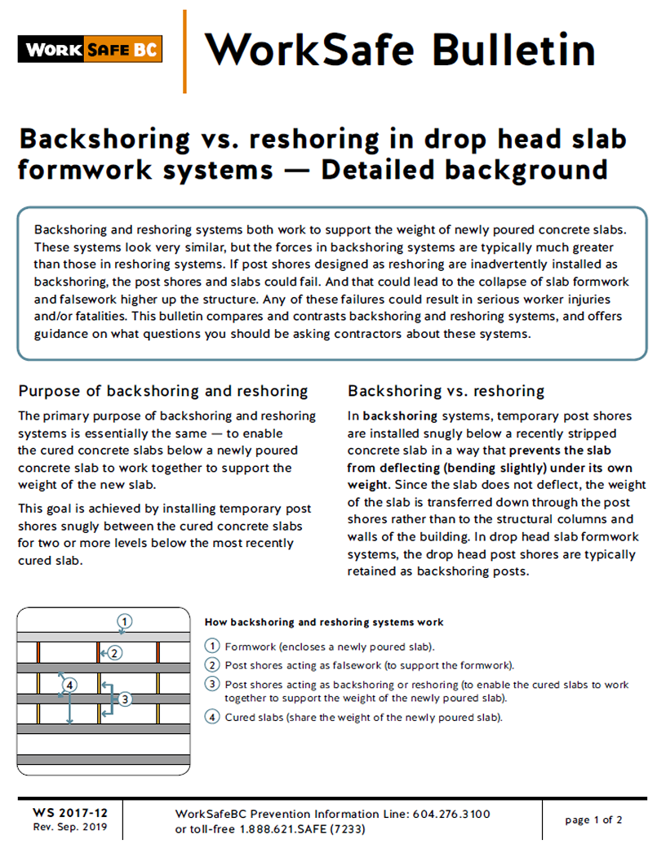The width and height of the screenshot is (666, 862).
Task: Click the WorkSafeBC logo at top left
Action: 90,49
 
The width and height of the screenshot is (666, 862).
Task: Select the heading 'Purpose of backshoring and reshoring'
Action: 163,391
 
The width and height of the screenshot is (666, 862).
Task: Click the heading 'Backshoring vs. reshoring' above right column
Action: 446,391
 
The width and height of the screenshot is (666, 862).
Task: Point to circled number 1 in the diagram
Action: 125,620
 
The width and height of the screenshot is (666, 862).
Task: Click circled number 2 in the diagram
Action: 115,652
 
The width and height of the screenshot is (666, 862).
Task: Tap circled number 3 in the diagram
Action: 124,699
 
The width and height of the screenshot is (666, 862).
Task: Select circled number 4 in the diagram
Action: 70,684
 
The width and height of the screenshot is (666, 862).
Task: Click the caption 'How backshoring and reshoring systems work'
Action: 324,622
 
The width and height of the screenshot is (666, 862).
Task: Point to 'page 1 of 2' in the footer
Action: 593,820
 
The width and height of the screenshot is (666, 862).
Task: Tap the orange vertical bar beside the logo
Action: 184,51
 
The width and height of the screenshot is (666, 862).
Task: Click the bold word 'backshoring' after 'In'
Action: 397,415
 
